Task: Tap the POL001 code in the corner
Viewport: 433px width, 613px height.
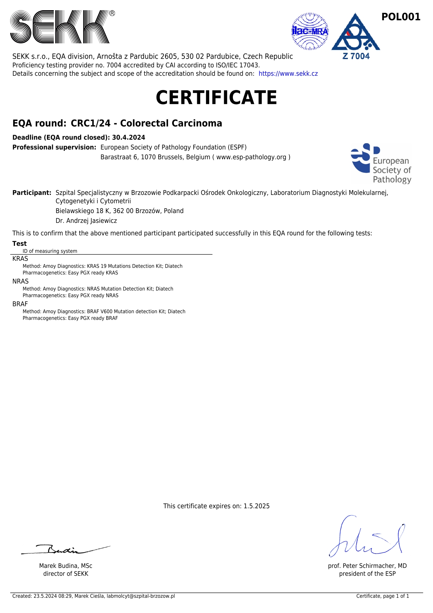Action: click(401, 17)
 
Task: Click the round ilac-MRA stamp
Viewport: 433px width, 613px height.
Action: click(310, 31)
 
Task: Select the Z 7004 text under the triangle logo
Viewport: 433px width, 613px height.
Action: click(356, 56)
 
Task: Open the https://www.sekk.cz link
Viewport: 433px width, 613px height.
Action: click(288, 74)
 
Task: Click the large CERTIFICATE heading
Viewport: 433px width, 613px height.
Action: click(216, 98)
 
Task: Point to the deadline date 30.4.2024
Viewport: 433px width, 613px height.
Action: click(128, 137)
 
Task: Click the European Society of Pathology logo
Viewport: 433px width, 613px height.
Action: click(381, 164)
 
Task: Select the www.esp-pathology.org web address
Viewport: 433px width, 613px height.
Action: click(251, 157)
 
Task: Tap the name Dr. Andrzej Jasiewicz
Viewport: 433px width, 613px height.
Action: click(86, 221)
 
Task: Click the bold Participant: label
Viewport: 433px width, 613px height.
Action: click(32, 193)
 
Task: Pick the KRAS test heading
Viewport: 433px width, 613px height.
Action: click(20, 259)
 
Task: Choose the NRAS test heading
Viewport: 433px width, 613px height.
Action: click(20, 281)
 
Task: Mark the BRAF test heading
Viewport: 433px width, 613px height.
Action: click(20, 304)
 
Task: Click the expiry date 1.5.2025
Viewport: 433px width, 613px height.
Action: click(257, 506)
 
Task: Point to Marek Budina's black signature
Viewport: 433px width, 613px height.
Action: click(65, 550)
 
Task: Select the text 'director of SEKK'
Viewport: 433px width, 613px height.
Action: click(66, 574)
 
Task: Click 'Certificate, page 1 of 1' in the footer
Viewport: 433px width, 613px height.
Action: click(382, 596)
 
